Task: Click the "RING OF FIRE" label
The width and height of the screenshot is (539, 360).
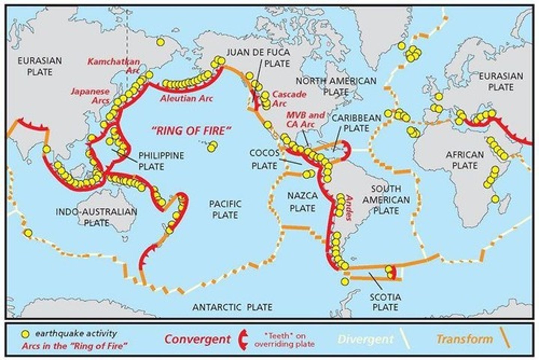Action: click(191, 131)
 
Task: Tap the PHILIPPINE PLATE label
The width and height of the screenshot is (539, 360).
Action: click(161, 161)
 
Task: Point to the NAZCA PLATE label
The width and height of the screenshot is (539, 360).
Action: click(302, 201)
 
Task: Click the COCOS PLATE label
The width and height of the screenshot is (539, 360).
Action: click(264, 159)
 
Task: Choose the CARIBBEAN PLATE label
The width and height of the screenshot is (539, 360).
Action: click(356, 123)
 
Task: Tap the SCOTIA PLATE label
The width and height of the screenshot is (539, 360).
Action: click(385, 302)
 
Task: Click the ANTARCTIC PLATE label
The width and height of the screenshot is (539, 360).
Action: click(232, 307)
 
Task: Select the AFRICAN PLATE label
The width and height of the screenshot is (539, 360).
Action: click(465, 160)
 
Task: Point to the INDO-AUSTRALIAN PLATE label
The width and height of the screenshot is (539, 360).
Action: click(96, 217)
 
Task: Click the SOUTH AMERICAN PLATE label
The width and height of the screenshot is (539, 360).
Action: click(386, 199)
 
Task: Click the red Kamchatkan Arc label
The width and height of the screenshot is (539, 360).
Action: click(114, 66)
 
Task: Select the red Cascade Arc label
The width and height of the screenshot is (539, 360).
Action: click(289, 99)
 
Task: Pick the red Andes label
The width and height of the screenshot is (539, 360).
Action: click(349, 208)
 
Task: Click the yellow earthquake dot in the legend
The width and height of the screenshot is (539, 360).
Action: click(25, 333)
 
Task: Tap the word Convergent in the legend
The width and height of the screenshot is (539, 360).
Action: click(197, 339)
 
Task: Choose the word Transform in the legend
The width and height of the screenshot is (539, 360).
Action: click(464, 339)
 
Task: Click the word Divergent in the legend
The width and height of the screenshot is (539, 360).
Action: click(365, 339)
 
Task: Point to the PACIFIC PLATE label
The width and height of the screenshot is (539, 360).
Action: click(225, 209)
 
